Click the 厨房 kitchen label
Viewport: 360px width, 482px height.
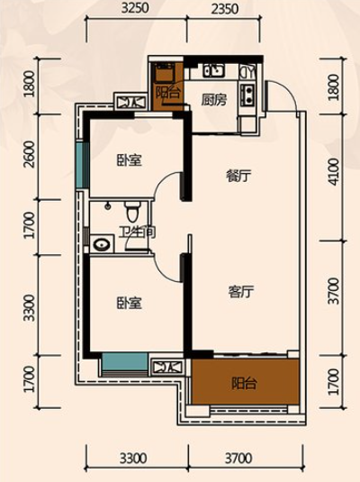point(214,100)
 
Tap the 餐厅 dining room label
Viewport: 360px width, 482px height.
point(238,177)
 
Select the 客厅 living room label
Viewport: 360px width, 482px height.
point(241,292)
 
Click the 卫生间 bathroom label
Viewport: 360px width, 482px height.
point(138,232)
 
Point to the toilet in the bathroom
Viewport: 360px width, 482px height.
point(132,211)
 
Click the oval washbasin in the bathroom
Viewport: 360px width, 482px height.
point(102,245)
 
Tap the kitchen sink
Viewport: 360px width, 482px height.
point(214,70)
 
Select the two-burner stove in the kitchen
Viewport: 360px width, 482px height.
point(247,94)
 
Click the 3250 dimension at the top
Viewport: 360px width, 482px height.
point(135,8)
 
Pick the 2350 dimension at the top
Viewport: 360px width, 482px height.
point(224,9)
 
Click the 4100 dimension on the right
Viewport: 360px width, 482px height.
point(334,171)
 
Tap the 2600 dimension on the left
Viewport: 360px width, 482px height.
point(30,154)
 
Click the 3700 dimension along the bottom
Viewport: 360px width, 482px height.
point(238,459)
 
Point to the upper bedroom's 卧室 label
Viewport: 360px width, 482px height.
point(130,160)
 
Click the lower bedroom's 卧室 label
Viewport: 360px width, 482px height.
point(130,303)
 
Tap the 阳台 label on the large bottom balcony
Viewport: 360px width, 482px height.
point(244,383)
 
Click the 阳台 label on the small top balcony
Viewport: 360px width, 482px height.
point(167,92)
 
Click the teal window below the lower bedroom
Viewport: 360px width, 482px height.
point(125,362)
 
